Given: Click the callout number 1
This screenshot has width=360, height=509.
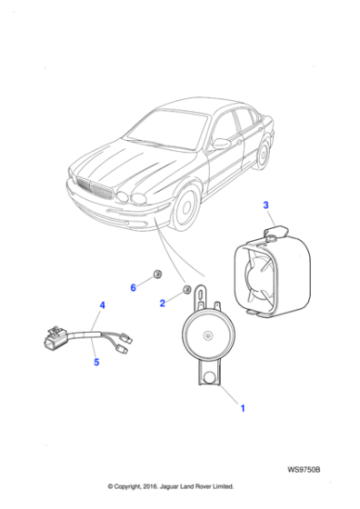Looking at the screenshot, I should [x=243, y=409].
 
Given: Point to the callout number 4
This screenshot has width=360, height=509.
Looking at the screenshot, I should [x=102, y=304].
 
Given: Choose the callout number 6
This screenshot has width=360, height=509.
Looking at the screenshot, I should [x=133, y=287].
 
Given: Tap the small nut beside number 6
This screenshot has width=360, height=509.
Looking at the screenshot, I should [x=156, y=274].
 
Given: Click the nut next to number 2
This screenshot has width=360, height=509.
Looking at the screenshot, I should [x=186, y=290].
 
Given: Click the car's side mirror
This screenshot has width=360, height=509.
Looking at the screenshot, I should [x=220, y=143].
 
